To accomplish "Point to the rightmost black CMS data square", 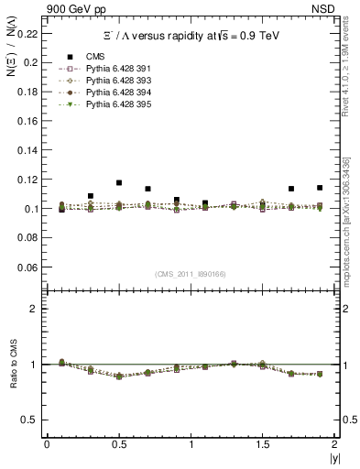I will click(x=320, y=188).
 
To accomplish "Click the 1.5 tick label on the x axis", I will click(x=262, y=444).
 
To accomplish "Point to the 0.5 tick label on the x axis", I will click(x=118, y=444).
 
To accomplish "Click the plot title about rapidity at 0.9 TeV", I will click(x=191, y=36).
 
